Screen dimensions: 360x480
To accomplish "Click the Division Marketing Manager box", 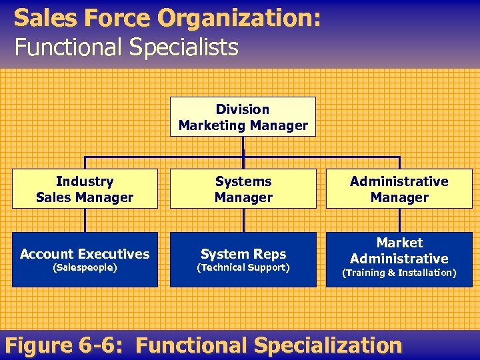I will pyautogui.click(x=243, y=117).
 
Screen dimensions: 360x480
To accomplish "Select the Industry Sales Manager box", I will pyautogui.click(x=85, y=189).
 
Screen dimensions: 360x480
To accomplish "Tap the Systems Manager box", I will pyautogui.click(x=243, y=189).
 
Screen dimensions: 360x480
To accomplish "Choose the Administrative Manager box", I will pyautogui.click(x=399, y=189).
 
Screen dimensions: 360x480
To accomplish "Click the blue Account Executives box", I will pyautogui.click(x=85, y=259).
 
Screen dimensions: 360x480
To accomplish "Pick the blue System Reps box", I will pyautogui.click(x=243, y=259).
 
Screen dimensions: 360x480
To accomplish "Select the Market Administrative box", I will pyautogui.click(x=399, y=259).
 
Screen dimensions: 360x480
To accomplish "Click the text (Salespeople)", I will pyautogui.click(x=85, y=267).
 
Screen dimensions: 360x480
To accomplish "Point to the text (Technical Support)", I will pyautogui.click(x=243, y=267).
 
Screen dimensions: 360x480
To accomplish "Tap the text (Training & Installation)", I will pyautogui.click(x=399, y=273).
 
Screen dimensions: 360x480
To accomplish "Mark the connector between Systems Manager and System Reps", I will pyautogui.click(x=243, y=220).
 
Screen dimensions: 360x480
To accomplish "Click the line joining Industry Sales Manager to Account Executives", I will pyautogui.click(x=85, y=220).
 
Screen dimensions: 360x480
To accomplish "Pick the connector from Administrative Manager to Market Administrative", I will pyautogui.click(x=399, y=220).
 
